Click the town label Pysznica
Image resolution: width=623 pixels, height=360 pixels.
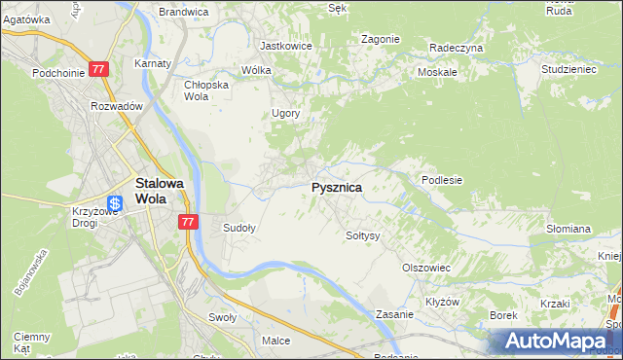(337, 187)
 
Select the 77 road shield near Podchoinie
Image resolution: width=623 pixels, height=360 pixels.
(98, 70)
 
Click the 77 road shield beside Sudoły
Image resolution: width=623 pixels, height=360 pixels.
(189, 223)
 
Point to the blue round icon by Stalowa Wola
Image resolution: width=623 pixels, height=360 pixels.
(115, 203)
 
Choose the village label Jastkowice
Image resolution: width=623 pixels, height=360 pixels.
(284, 46)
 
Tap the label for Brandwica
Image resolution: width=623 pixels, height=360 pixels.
(183, 12)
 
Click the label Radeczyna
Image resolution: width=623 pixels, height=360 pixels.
(456, 47)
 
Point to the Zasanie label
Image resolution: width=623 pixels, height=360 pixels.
(396, 315)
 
